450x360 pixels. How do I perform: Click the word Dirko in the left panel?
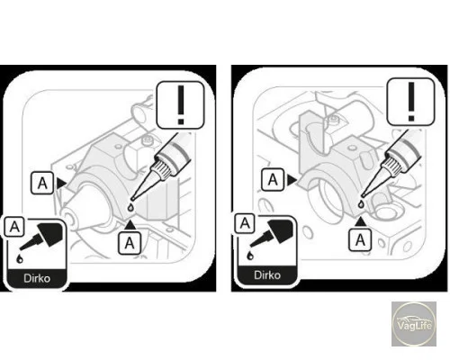pos(37,278)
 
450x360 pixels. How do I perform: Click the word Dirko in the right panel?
pos(267,274)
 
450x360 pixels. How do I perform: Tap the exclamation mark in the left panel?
pos(181,105)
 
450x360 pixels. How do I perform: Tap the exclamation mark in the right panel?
pos(411,102)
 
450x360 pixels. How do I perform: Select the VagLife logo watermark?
pos(414,324)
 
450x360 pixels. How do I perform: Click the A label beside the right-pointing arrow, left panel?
pos(42,183)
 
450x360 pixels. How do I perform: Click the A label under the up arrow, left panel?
pos(130,243)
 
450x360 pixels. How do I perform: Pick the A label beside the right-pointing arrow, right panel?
pos(273,180)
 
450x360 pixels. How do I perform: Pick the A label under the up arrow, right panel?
pos(360,239)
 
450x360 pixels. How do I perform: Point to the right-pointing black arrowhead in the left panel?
pos(61,184)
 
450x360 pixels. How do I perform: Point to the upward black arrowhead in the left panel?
pos(130,225)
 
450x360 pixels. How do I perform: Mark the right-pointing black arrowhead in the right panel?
pos(292,180)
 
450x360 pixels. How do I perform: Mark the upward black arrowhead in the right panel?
pos(360,221)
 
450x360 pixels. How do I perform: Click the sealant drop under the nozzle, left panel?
pos(130,207)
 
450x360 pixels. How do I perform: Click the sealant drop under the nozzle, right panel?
pos(362,204)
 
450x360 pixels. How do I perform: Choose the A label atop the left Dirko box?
pos(14,227)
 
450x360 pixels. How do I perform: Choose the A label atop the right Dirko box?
pos(245,223)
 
